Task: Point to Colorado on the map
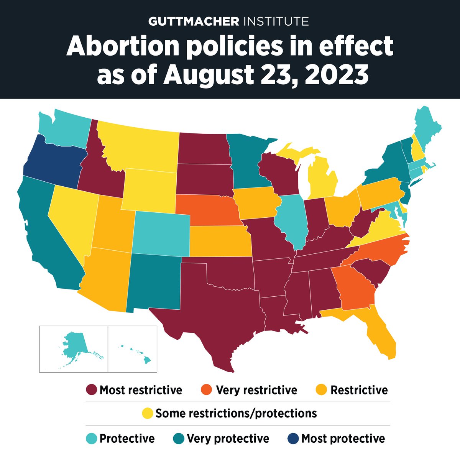[x=161, y=234]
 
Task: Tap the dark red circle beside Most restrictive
[x=91, y=390]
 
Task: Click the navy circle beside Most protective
[x=293, y=439]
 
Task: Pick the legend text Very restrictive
[x=256, y=390]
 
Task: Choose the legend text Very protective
[x=228, y=439]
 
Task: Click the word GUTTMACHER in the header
[x=194, y=21]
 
